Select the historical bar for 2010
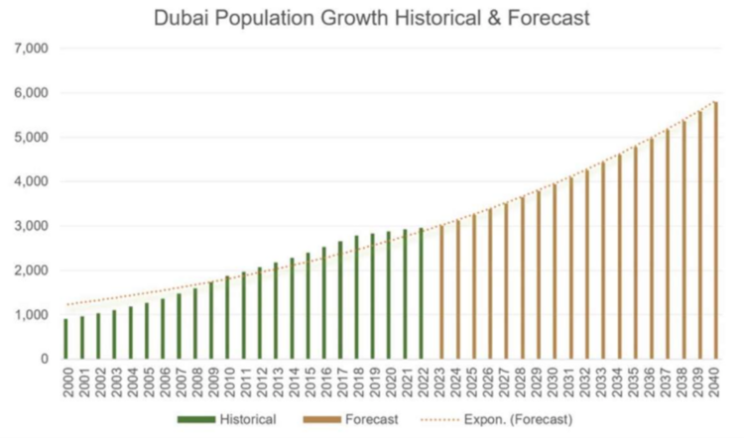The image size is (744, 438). click(x=228, y=317)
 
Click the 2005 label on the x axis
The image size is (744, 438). click(x=147, y=383)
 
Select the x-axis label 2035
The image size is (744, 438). click(x=635, y=383)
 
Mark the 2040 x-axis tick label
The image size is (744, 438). click(x=715, y=383)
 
